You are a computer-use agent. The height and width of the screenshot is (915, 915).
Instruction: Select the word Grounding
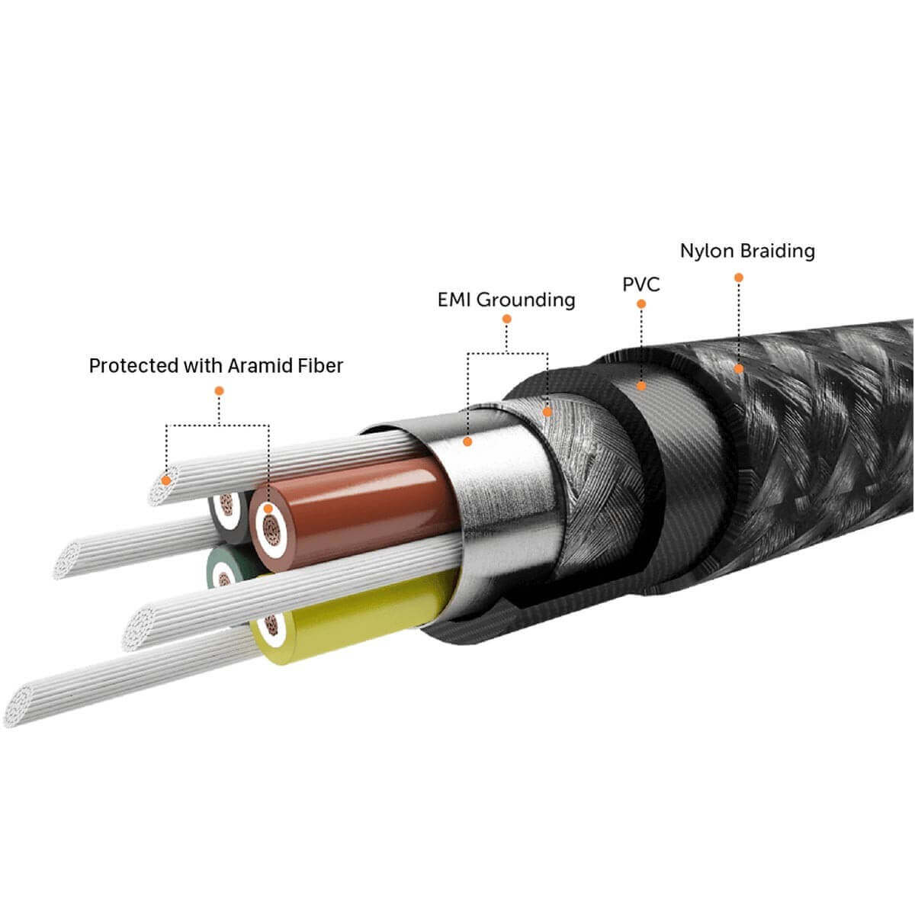click(526, 300)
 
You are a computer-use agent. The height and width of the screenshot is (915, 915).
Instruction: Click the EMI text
click(454, 300)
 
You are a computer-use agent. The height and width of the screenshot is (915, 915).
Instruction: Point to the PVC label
click(641, 285)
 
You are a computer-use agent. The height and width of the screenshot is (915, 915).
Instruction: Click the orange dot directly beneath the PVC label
click(641, 303)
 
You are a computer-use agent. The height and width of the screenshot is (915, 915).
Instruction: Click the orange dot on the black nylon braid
click(738, 369)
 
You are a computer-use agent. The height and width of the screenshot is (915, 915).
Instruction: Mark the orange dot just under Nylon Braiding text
click(738, 278)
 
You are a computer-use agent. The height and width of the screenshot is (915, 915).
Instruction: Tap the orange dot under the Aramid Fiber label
click(219, 390)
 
